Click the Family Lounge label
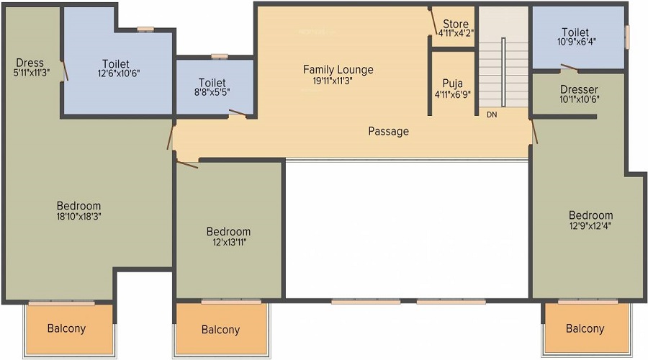coord(338,70)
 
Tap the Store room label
coord(456,24)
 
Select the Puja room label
coord(453,84)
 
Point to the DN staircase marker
coord(492,115)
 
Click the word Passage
coord(389,132)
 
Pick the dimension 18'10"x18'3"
coord(79,216)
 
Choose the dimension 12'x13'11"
coord(230,242)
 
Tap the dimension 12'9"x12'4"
coord(590,225)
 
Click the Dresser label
coord(579,89)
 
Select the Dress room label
coord(30,63)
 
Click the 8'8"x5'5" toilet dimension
coord(212,92)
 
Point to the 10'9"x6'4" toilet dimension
coord(576,42)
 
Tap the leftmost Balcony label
coord(66,328)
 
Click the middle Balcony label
coord(221,330)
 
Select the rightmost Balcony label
coord(585,328)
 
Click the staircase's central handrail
coord(503,72)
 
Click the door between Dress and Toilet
coord(65,71)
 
